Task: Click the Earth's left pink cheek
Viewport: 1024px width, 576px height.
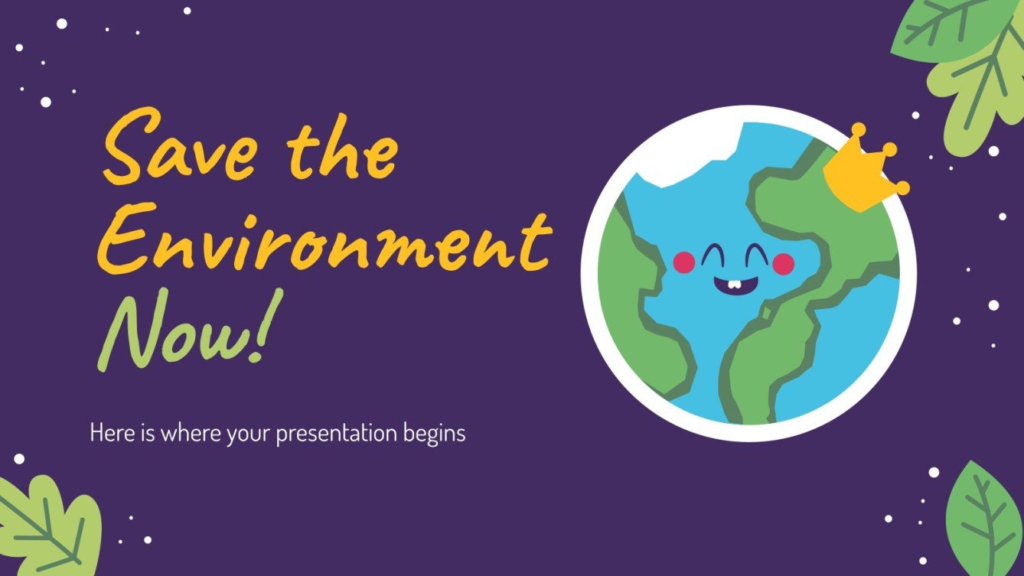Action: (683, 262)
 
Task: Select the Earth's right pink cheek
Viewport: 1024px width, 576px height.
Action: (783, 264)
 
